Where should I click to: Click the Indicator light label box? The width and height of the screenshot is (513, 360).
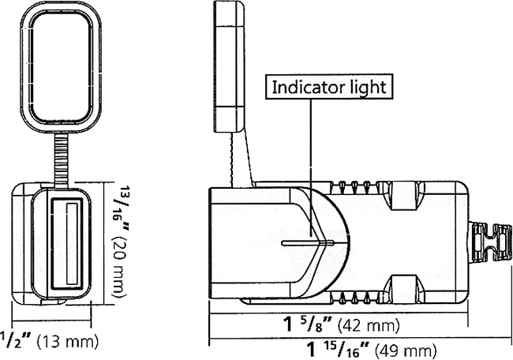[329, 86]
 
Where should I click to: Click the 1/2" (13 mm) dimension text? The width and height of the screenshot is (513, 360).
[47, 341]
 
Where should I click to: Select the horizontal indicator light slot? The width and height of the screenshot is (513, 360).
[312, 243]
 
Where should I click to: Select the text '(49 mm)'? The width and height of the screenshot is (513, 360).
[406, 349]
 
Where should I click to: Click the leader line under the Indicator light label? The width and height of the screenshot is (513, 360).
[313, 158]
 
